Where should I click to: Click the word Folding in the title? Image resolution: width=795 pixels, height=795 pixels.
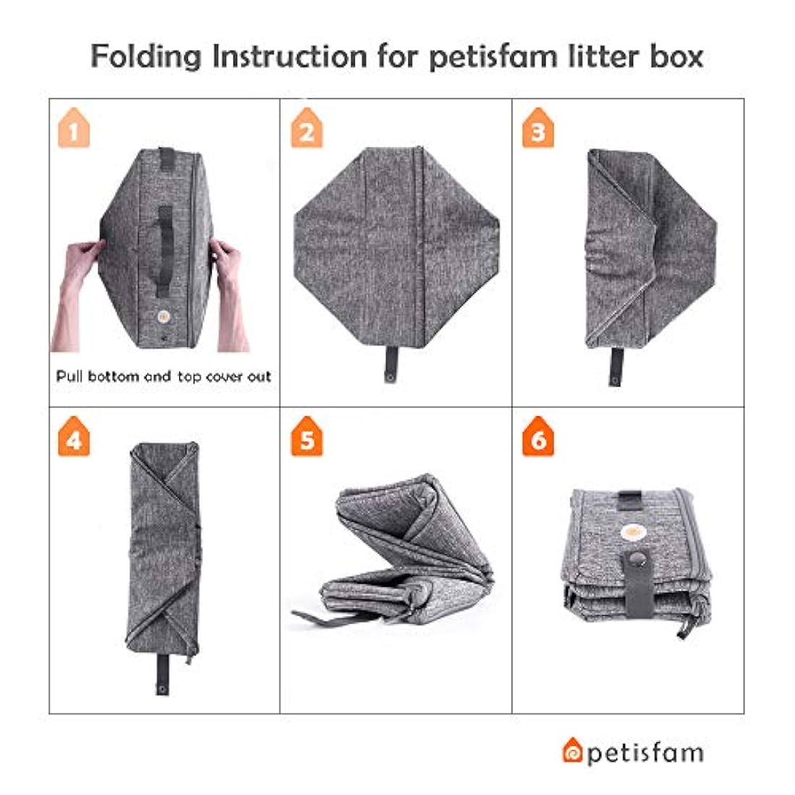(145, 56)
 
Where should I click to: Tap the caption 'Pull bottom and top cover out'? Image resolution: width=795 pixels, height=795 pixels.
(164, 377)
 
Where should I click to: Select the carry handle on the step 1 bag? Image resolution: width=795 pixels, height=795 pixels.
(165, 239)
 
